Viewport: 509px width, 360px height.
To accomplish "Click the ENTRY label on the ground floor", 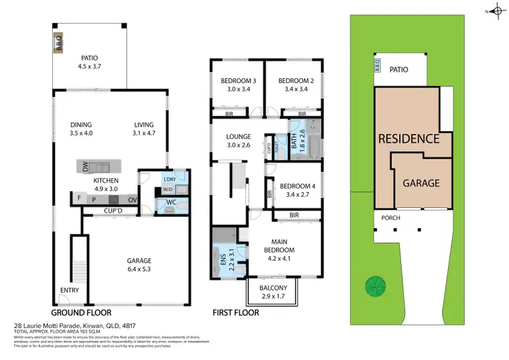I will click(69, 290).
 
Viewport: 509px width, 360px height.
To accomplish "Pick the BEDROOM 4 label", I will click(295, 190).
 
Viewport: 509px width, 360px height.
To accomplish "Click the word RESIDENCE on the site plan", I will click(409, 139).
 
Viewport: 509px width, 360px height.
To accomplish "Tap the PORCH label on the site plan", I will click(391, 218).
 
